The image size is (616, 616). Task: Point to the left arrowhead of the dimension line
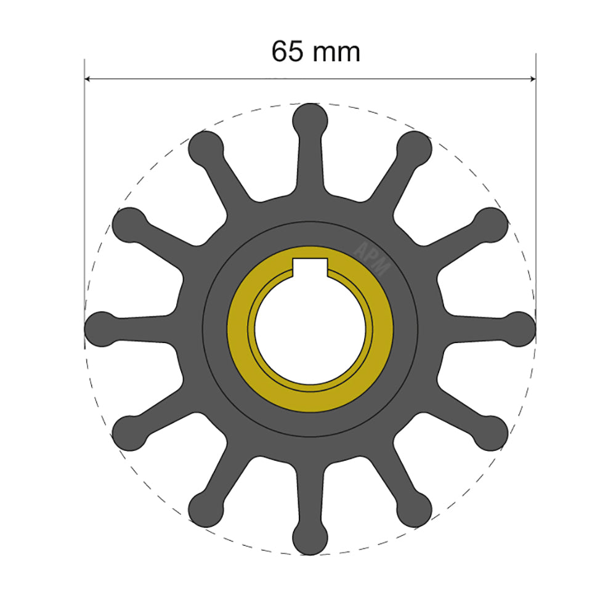[88, 79]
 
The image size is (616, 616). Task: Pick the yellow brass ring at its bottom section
[310, 401]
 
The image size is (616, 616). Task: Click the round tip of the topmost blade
[310, 118]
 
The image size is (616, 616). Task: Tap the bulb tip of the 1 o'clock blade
[414, 148]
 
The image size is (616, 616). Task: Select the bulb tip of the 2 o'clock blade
[491, 224]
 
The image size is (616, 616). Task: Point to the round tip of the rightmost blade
[519, 328]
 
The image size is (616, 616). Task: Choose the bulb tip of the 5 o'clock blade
[414, 509]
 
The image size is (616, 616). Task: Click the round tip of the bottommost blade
[310, 538]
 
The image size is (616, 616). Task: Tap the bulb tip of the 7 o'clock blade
[205, 509]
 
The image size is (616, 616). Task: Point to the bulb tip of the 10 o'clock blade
[129, 224]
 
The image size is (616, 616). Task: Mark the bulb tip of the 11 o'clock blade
[205, 148]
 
